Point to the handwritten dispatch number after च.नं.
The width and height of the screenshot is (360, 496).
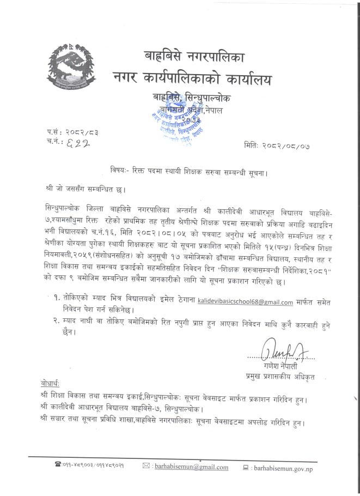point(77,143)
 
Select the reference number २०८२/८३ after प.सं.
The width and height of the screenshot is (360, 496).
point(82,132)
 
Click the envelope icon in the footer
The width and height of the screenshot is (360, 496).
point(146,467)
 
